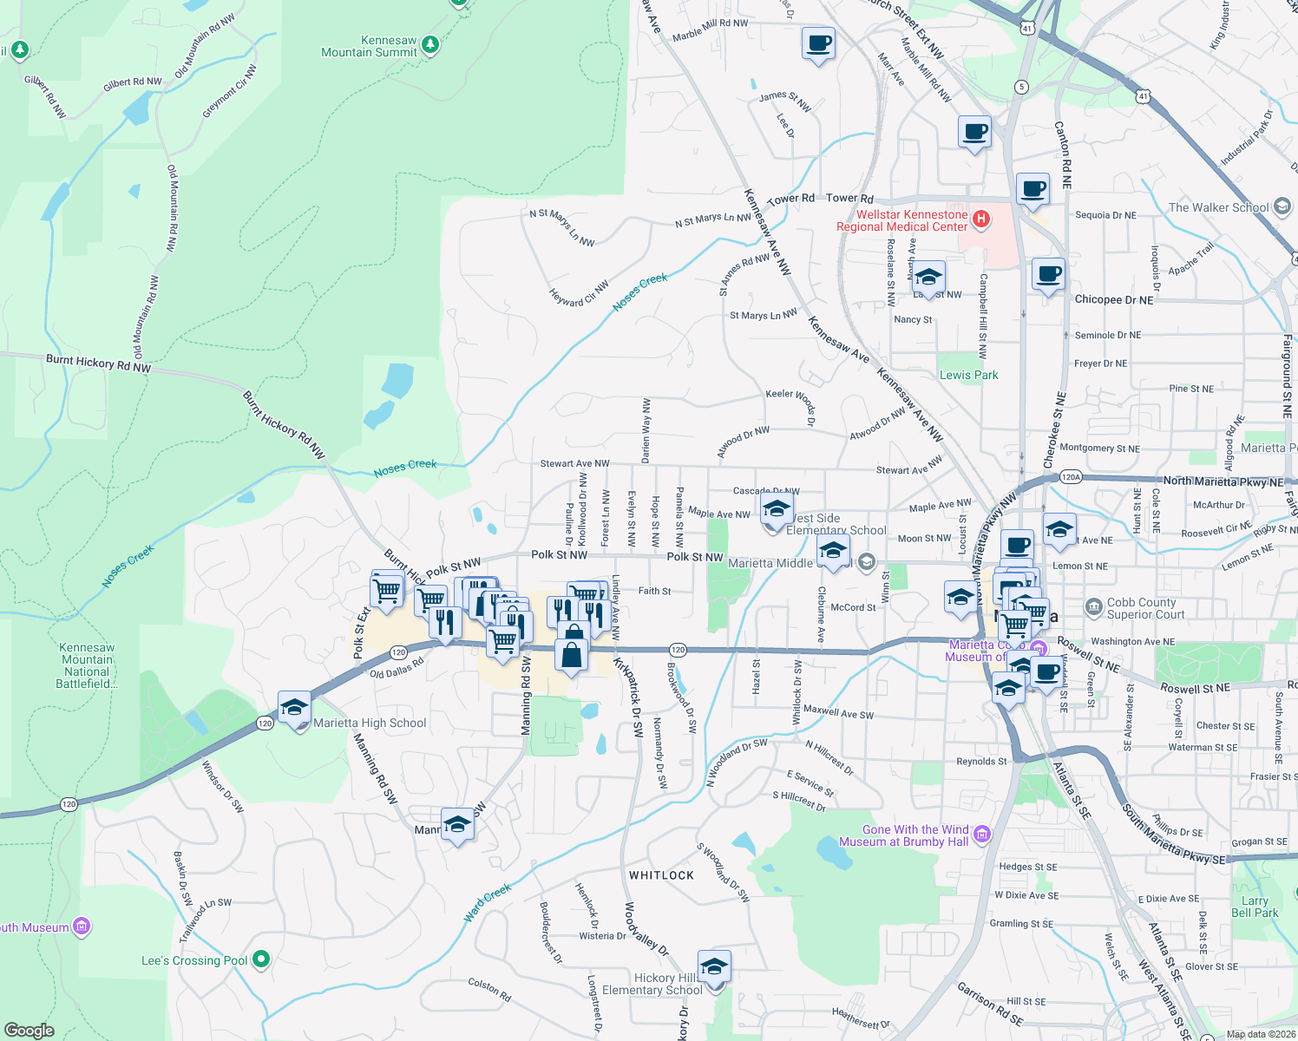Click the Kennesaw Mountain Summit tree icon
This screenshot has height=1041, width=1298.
[429, 44]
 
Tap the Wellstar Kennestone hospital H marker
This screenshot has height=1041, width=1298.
[981, 219]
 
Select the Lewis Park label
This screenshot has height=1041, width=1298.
[968, 375]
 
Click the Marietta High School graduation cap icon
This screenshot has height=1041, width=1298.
[294, 708]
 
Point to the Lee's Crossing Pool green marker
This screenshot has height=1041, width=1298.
[261, 959]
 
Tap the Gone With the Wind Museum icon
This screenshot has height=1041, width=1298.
[982, 835]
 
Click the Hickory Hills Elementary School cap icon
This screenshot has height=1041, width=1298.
[713, 966]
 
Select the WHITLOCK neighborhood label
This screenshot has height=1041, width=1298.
[661, 875]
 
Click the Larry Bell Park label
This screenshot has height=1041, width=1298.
[1255, 907]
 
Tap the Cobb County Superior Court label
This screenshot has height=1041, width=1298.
[1141, 608]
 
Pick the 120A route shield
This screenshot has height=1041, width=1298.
[1071, 476]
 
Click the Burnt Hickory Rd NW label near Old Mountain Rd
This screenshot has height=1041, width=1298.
[98, 363]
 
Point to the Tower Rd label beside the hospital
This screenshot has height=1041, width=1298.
[849, 199]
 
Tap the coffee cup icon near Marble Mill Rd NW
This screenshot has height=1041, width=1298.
[817, 43]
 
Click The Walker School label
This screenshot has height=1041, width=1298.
[1218, 207]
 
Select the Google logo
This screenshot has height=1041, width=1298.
[29, 1030]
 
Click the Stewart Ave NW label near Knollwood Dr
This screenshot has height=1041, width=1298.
[574, 464]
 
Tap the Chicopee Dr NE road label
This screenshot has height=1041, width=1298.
[1114, 299]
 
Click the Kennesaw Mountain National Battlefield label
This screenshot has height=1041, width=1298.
[86, 665]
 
